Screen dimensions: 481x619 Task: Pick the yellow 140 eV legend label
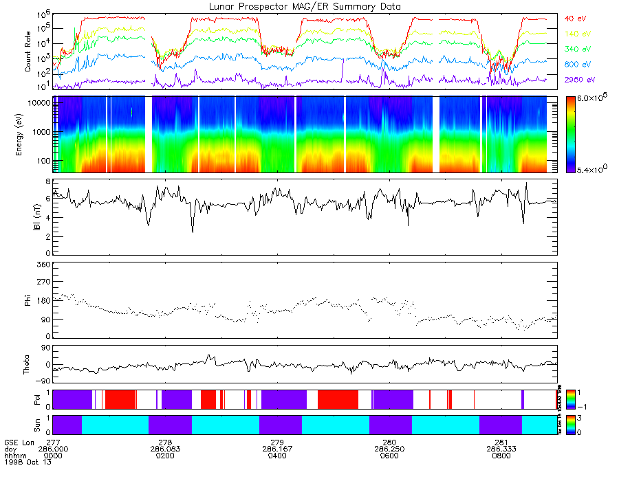tap(577, 33)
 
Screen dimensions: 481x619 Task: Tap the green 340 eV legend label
tap(577, 49)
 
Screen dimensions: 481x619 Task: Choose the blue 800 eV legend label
tap(577, 65)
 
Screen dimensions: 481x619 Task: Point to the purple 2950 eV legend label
tap(577, 80)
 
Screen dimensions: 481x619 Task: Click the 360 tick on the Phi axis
tap(43, 265)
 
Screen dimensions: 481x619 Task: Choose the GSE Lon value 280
tap(389, 442)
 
